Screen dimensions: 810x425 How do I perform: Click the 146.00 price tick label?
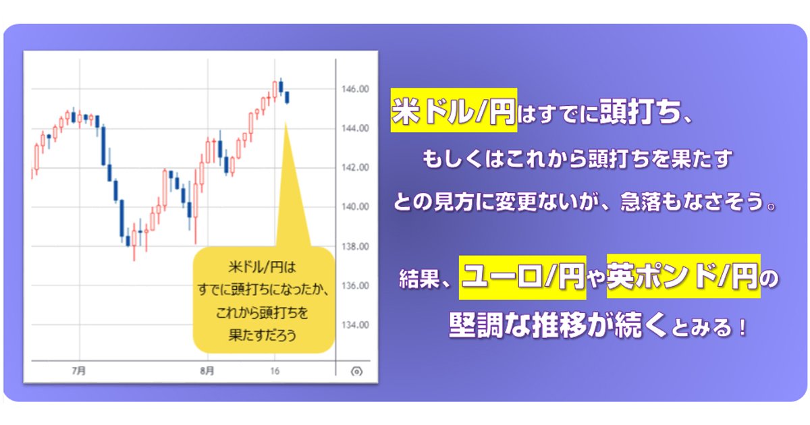click(x=355, y=89)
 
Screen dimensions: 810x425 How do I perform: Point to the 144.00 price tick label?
click(x=355, y=128)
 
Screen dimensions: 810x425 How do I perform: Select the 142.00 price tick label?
click(x=355, y=168)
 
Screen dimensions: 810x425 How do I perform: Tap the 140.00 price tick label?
click(x=355, y=207)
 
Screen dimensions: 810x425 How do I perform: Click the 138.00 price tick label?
click(x=355, y=246)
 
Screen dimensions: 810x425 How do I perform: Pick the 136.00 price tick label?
click(x=355, y=286)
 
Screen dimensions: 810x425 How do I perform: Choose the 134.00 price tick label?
click(x=355, y=325)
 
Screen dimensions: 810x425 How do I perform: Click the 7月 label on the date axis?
click(x=79, y=371)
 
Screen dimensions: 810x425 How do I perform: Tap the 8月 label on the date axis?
click(x=207, y=371)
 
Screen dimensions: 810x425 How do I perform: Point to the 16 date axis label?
click(x=275, y=371)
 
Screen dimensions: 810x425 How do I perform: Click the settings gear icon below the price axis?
click(x=356, y=372)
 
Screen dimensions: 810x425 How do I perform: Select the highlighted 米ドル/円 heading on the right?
click(x=454, y=110)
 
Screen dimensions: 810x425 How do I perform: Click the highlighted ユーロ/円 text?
click(x=522, y=277)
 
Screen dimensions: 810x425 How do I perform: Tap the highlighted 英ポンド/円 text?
click(x=683, y=277)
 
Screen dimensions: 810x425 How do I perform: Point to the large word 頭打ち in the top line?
click(x=640, y=111)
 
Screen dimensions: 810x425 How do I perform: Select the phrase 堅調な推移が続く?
click(x=558, y=324)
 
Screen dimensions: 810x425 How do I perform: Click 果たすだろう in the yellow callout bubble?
click(x=263, y=335)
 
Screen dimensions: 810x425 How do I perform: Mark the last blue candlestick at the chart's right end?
click(x=287, y=98)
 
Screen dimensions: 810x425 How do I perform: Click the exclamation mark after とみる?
click(x=743, y=328)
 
